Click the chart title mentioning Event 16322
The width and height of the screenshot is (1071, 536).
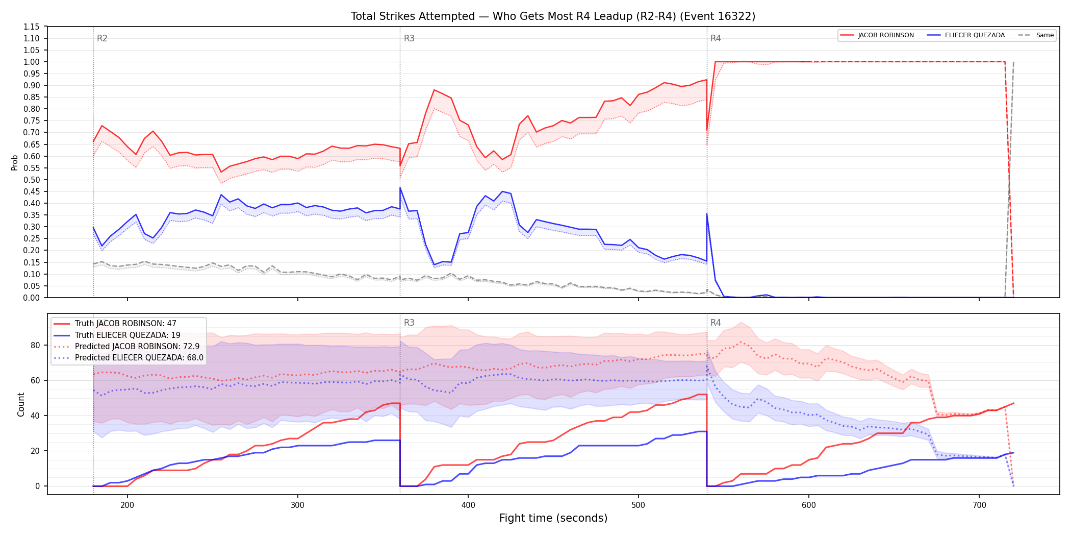(553, 16)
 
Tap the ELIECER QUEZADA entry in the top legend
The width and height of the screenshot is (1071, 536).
(966, 35)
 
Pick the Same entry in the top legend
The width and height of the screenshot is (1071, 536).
(1036, 35)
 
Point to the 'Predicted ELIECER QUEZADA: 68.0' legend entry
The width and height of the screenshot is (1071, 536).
(129, 358)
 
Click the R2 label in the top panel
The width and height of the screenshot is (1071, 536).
(102, 38)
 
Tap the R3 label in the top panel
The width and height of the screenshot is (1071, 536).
(409, 38)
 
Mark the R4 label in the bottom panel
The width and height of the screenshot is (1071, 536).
(716, 323)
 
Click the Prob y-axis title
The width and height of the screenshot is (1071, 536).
(15, 162)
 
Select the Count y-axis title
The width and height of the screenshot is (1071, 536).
(21, 404)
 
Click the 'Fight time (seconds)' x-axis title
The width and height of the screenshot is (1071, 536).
(553, 518)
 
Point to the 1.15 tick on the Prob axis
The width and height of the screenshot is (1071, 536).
(32, 27)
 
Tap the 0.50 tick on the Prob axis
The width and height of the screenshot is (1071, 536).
(32, 180)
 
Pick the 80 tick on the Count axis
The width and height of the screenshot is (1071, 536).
(35, 345)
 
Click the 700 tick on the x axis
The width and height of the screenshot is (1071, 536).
(979, 505)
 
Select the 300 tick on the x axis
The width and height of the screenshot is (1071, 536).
(297, 505)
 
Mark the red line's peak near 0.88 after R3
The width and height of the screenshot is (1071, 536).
(434, 90)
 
